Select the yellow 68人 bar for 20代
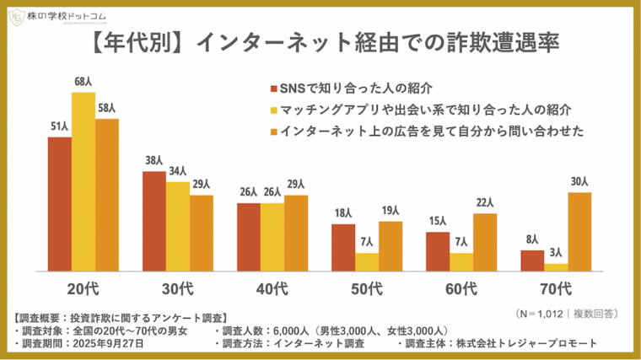point(83,181)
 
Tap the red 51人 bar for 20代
point(59,203)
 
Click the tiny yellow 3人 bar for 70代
point(556,266)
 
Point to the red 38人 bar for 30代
point(154,221)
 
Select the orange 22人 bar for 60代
point(485,241)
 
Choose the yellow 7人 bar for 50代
point(367,261)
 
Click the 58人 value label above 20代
point(107,109)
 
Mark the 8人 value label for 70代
point(532,239)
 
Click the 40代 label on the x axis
point(272,289)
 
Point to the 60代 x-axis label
point(461,289)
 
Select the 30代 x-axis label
point(177,289)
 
